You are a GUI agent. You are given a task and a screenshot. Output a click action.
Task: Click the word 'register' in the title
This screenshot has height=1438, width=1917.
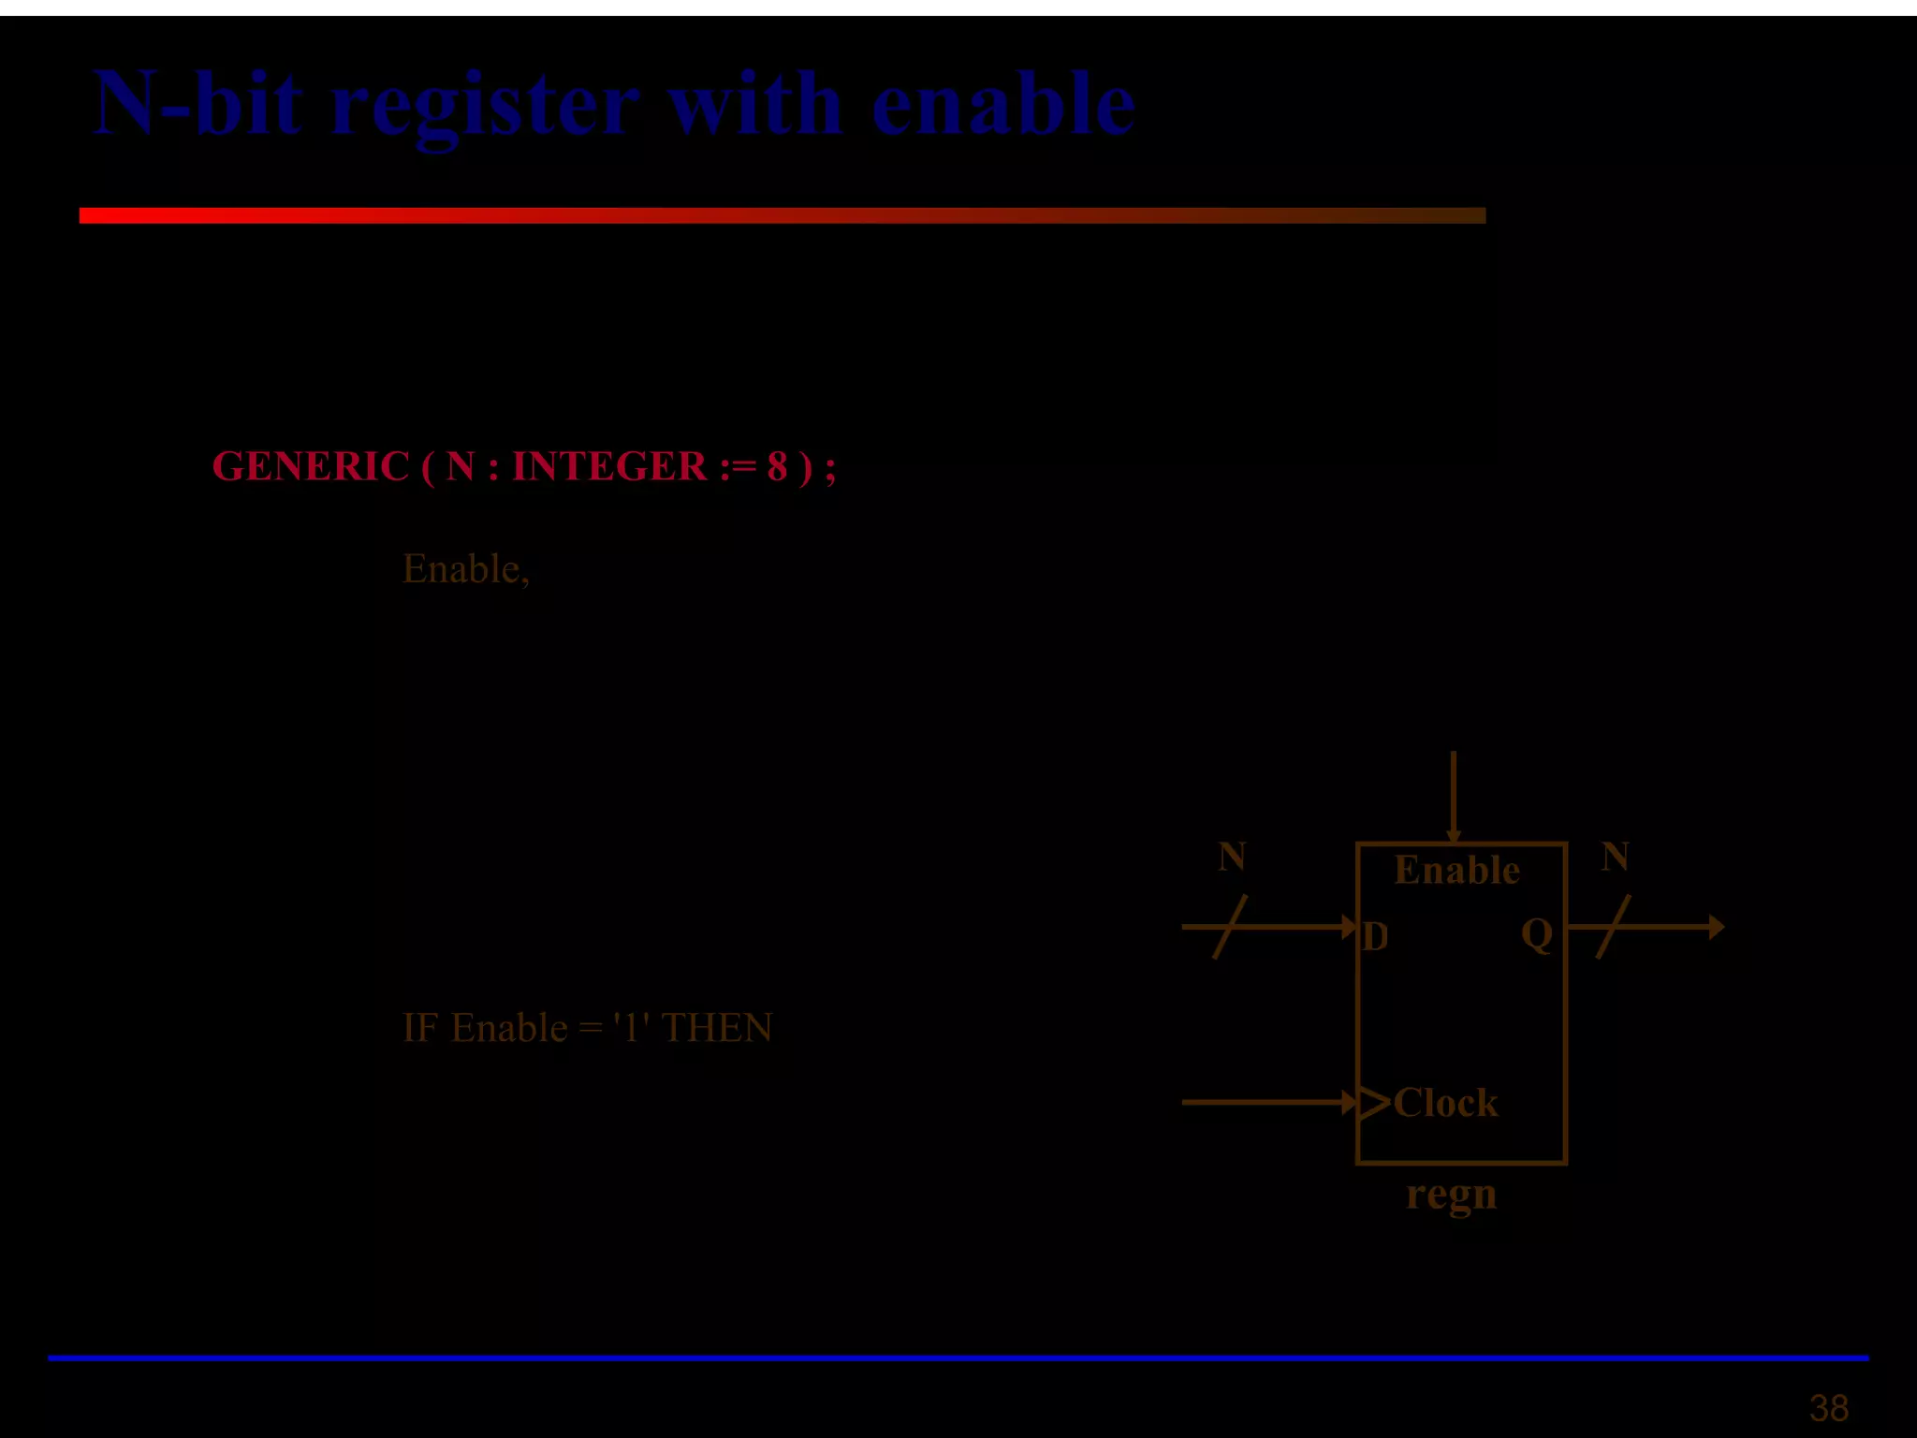(485, 105)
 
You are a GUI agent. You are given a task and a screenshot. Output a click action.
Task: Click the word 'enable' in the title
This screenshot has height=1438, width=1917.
(1003, 105)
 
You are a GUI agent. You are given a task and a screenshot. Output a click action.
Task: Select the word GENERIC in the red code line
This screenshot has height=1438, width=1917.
(311, 466)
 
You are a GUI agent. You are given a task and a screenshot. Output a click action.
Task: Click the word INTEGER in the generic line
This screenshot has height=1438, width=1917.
(609, 466)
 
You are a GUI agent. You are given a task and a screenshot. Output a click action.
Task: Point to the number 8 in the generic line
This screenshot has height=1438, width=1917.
(777, 466)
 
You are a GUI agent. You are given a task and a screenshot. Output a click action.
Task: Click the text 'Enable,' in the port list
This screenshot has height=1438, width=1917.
(466, 569)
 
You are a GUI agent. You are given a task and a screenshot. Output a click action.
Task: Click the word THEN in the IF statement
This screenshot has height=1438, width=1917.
(717, 1028)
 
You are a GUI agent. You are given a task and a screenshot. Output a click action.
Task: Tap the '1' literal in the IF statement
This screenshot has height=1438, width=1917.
(630, 1028)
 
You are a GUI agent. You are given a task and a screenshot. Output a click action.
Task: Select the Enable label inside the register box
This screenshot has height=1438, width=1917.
(1456, 871)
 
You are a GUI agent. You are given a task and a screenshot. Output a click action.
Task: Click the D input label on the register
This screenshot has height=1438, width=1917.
(1375, 936)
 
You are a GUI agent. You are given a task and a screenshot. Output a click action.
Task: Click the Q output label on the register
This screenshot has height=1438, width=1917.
(1537, 934)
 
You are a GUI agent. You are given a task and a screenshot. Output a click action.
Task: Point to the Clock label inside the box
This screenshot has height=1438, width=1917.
(1445, 1103)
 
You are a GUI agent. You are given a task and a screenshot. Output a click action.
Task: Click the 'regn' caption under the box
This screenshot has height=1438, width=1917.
(1451, 1195)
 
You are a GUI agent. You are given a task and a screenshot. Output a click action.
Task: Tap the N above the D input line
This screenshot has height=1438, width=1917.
(1232, 857)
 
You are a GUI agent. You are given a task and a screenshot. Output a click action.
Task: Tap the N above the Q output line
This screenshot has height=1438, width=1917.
(1615, 857)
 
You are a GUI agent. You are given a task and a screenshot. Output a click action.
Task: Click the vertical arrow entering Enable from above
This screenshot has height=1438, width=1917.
(1453, 796)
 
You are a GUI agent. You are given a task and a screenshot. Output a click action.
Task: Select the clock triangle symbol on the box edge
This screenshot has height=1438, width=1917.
(1372, 1103)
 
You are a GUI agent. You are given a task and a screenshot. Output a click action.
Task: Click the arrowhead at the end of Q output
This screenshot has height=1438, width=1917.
(1716, 927)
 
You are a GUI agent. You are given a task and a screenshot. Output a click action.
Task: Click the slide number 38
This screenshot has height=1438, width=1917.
(1828, 1408)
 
